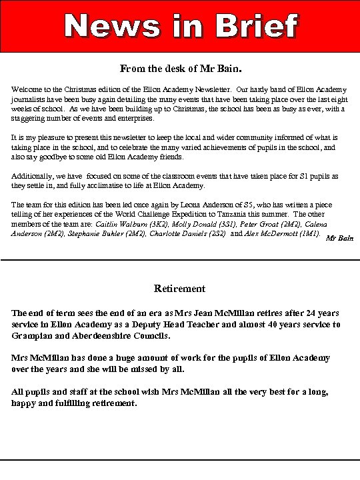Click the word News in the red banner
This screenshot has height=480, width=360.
coord(111,26)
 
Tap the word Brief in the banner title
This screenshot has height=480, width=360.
coord(257,26)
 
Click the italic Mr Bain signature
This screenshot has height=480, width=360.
coord(339,238)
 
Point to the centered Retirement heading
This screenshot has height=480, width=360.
coord(180,289)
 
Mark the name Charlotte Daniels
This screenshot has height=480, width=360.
coord(177,235)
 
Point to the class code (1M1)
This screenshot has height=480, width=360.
coord(309,235)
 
